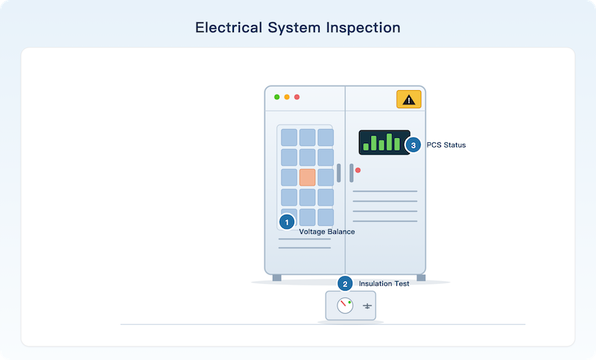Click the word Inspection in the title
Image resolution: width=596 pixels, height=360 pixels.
click(363, 28)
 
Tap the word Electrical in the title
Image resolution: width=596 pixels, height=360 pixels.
click(229, 28)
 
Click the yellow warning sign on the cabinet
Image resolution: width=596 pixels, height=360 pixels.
click(408, 99)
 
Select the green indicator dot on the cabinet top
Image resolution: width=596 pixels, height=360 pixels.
click(276, 97)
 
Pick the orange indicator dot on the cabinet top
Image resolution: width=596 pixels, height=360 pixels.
click(287, 97)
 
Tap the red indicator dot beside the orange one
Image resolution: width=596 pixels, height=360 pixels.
click(297, 97)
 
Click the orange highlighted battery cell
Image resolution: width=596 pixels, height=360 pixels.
click(307, 177)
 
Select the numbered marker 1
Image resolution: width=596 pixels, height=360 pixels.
click(287, 222)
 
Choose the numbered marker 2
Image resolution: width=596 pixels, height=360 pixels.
click(345, 283)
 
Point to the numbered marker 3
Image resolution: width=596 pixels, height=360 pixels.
click(413, 145)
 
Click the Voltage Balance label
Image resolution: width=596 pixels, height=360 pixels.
click(327, 232)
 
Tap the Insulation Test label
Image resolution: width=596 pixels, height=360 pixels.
click(384, 283)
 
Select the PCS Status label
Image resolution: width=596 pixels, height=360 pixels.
click(446, 145)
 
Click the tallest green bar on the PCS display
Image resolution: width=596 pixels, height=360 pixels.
click(389, 142)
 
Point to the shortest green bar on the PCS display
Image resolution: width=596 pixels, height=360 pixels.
click(366, 147)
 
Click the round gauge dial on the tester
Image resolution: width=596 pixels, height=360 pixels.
click(345, 306)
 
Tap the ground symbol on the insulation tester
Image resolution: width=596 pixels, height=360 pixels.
click(367, 306)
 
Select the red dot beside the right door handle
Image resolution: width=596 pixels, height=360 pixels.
click(358, 170)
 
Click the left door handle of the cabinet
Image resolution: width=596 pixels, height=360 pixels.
click(339, 173)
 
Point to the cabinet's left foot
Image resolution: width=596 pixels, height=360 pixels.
click(276, 278)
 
